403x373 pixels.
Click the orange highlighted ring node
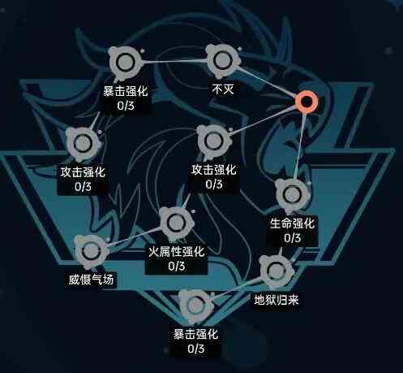tap(306, 101)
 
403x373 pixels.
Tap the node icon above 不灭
tap(222, 61)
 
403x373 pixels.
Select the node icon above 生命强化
tap(292, 194)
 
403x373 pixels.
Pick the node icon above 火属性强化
tap(177, 223)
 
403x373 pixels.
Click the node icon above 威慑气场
tap(91, 252)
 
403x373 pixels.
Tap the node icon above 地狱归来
tap(276, 271)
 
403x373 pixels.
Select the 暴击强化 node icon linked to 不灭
tap(125, 63)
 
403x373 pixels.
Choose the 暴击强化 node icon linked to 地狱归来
tap(195, 306)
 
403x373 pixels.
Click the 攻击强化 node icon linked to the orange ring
tap(213, 141)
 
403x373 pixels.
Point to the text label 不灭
tap(223, 89)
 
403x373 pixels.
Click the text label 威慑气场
tap(91, 280)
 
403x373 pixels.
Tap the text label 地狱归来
tap(277, 300)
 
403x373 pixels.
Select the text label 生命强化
tap(292, 223)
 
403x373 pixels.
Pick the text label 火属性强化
tap(177, 252)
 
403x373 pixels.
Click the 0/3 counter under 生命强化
tap(292, 238)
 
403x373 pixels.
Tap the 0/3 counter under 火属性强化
tap(177, 267)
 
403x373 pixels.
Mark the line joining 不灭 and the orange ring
tap(267, 82)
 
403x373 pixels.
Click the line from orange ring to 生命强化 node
tap(300, 145)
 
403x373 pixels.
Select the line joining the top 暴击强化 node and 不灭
tap(174, 62)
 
